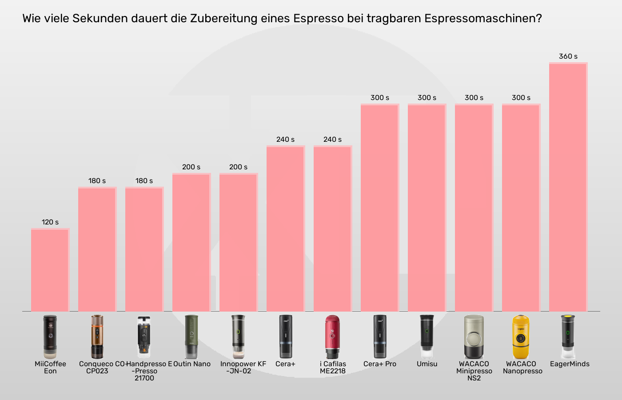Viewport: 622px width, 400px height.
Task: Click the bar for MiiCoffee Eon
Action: click(50, 270)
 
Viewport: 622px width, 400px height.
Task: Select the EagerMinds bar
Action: click(568, 187)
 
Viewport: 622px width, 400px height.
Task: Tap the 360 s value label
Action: click(568, 56)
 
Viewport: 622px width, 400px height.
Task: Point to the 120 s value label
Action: click(50, 222)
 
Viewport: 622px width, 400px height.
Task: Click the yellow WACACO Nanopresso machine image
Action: click(521, 337)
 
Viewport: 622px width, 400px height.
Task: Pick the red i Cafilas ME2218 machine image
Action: click(332, 337)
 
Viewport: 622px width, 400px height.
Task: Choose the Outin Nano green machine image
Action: click(191, 337)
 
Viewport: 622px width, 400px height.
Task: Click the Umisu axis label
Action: click(427, 364)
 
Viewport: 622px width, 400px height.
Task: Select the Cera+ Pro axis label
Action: click(380, 364)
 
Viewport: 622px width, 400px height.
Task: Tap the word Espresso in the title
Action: click(318, 19)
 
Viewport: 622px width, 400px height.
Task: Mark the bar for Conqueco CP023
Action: click(97, 249)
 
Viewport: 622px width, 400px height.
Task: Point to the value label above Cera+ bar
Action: click(285, 140)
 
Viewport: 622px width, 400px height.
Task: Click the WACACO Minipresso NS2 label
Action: click(474, 371)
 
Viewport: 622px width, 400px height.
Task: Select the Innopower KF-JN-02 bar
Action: click(239, 242)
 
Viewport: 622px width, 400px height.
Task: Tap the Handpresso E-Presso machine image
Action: click(144, 337)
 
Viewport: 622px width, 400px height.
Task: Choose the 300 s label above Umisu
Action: click(427, 98)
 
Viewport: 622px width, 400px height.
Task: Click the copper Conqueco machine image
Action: click(97, 337)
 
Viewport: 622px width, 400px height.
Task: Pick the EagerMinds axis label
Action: click(570, 364)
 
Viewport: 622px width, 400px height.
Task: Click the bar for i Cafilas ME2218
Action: click(333, 228)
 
